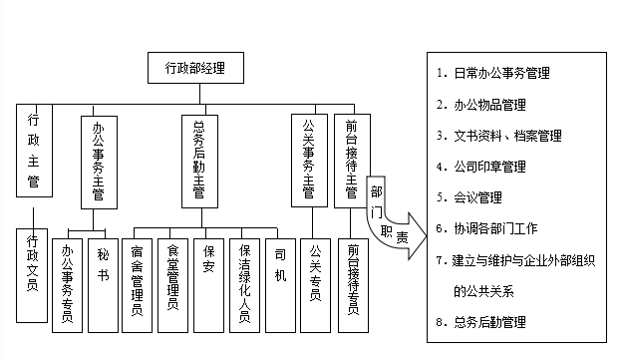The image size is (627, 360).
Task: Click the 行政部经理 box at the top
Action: point(194,69)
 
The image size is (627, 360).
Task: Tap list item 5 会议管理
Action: point(473,197)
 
